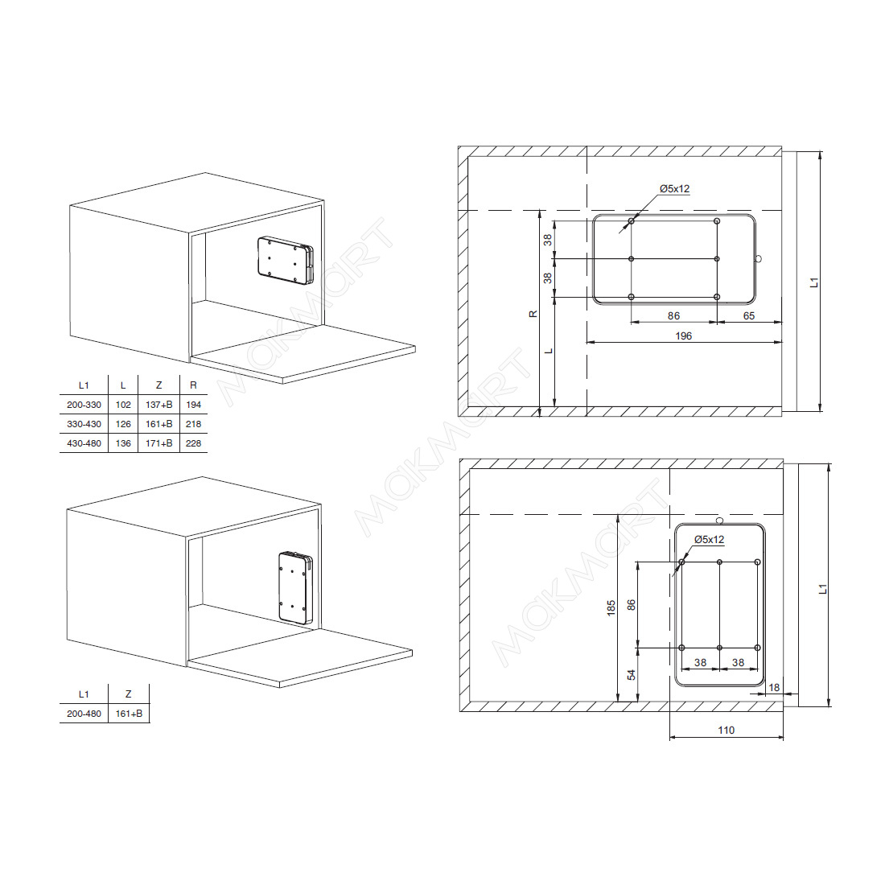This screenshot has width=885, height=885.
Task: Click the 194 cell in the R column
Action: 194,405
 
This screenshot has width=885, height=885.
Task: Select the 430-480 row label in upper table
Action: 84,443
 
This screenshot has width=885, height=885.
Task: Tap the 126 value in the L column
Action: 123,424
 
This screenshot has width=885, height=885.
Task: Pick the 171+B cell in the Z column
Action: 159,443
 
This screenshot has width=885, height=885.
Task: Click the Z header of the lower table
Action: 129,694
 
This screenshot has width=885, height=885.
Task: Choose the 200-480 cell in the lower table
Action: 84,714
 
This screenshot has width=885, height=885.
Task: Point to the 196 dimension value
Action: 684,335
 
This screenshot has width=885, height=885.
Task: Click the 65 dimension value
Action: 749,315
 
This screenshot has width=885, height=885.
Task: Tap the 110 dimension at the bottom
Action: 727,730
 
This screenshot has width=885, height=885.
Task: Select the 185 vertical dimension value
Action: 611,608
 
